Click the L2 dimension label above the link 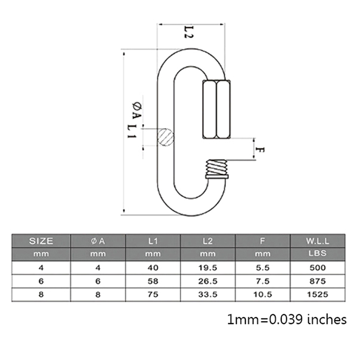click(x=189, y=32)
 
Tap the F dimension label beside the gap click(x=260, y=150)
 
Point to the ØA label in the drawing click(x=137, y=111)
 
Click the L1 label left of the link click(x=132, y=131)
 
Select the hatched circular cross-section click(x=165, y=137)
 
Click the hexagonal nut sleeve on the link click(x=216, y=109)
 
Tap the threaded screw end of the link click(x=216, y=169)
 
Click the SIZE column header click(x=41, y=241)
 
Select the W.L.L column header click(x=318, y=241)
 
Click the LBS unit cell click(x=318, y=253)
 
